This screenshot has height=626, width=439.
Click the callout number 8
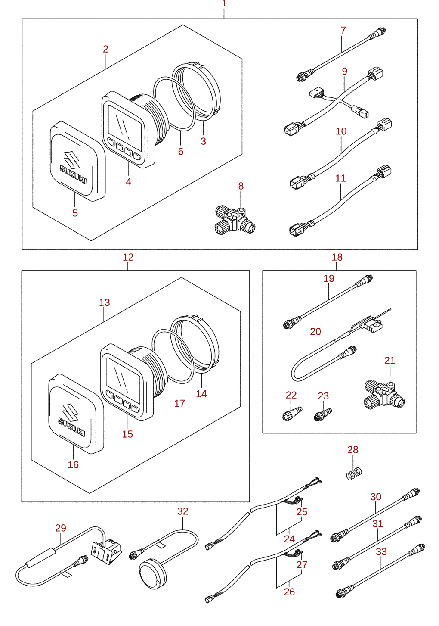click(x=241, y=186)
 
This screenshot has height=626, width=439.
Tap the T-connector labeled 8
click(x=235, y=221)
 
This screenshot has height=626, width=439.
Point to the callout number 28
click(x=353, y=450)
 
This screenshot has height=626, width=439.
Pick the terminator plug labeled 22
click(x=292, y=414)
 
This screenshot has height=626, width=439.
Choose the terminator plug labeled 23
click(x=323, y=415)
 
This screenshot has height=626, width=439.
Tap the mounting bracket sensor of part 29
click(x=107, y=551)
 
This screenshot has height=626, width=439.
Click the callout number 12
click(x=128, y=257)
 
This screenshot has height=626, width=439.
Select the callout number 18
click(x=337, y=257)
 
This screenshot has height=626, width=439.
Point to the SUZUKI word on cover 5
click(x=73, y=174)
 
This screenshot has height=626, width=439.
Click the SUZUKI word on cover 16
click(x=71, y=427)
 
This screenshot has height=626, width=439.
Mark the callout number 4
click(x=128, y=182)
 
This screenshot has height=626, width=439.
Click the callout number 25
click(x=302, y=512)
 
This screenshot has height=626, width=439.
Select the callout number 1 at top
click(x=224, y=4)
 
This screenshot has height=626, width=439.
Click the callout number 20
click(x=315, y=332)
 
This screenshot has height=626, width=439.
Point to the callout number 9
click(x=345, y=71)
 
